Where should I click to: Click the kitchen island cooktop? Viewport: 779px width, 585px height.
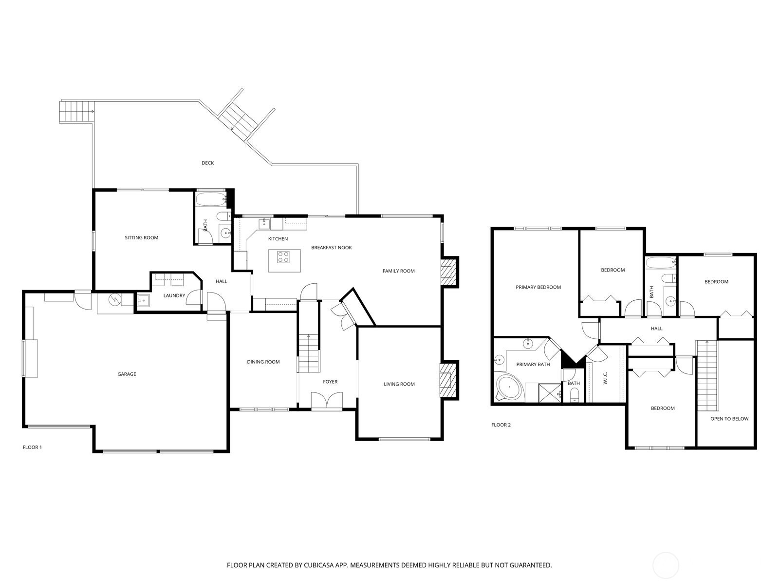click(284, 256)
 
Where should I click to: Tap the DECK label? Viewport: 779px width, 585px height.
click(208, 163)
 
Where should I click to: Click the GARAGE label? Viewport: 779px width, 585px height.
click(127, 374)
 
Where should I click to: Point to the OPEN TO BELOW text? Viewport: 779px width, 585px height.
click(729, 419)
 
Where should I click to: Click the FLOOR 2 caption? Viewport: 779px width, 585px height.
click(501, 425)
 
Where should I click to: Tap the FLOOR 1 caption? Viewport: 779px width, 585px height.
click(33, 447)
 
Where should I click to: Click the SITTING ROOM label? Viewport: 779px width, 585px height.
click(142, 237)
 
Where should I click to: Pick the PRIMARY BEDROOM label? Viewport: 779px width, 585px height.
click(538, 287)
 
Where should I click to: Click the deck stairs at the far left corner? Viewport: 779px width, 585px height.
click(76, 111)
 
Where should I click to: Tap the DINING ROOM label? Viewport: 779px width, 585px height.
click(263, 362)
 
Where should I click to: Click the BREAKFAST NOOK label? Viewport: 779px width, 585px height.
click(331, 248)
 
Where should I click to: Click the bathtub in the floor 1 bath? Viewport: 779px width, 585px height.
click(211, 199)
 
